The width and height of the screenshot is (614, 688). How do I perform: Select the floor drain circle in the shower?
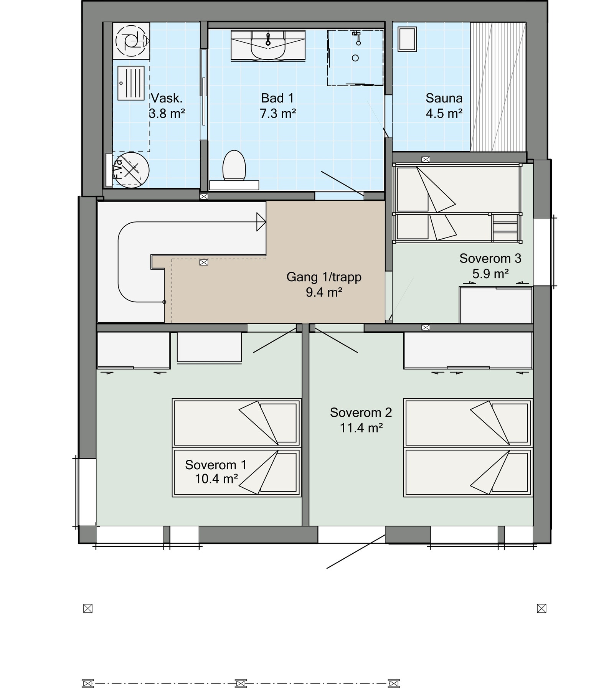(355, 58)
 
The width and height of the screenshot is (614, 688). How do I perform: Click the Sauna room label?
(444, 98)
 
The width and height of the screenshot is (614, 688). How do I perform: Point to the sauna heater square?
(407, 39)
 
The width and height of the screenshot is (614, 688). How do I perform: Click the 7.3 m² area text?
(278, 114)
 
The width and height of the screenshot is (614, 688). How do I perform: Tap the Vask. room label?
(167, 98)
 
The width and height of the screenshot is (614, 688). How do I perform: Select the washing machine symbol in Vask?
(132, 41)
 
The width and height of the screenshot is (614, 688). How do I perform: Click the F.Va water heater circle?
(132, 169)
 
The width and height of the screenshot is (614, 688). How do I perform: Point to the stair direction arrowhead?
(261, 222)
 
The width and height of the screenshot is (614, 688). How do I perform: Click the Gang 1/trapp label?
(324, 277)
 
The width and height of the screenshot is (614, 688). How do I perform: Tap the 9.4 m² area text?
(324, 292)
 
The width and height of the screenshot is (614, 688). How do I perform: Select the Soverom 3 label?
(490, 258)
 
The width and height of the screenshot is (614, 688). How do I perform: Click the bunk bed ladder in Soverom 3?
(505, 228)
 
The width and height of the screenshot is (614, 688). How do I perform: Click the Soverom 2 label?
(361, 412)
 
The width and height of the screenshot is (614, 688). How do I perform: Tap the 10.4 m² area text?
(216, 479)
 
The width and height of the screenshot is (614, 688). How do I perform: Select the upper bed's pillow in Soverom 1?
(279, 422)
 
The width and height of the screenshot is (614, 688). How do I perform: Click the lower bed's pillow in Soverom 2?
(510, 472)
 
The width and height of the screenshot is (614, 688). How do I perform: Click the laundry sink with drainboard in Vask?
(131, 83)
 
